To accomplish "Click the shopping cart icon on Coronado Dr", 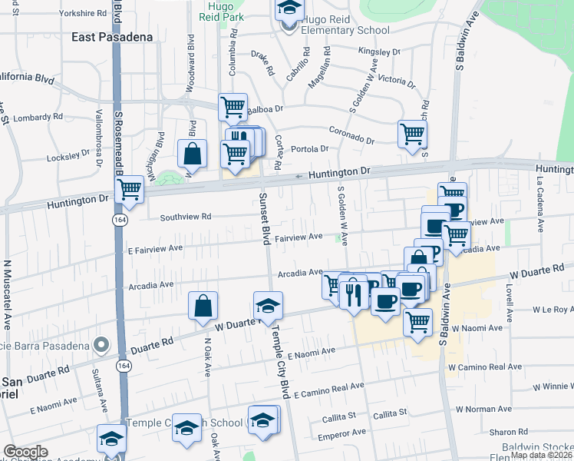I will (412, 134).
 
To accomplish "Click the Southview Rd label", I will (185, 217).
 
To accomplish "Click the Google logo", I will (25, 452).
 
